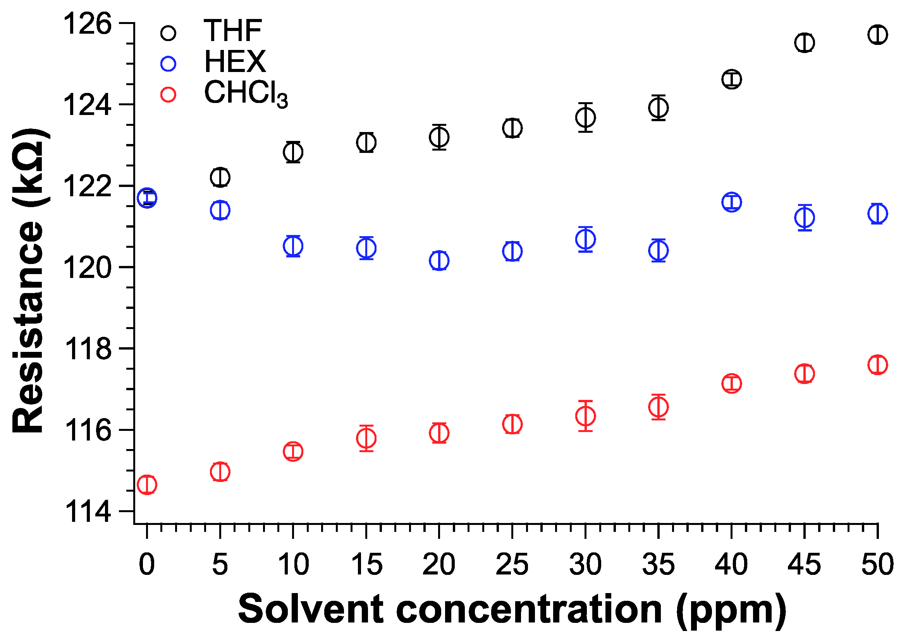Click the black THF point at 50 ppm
pyautogui.click(x=877, y=34)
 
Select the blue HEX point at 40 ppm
pyautogui.click(x=731, y=202)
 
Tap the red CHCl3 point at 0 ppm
pyautogui.click(x=147, y=485)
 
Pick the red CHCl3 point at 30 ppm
pyautogui.click(x=585, y=416)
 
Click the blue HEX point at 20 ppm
pyautogui.click(x=439, y=261)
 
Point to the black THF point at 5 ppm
pyautogui.click(x=220, y=177)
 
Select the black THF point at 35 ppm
pyautogui.click(x=659, y=108)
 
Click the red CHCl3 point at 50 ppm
pyautogui.click(x=877, y=365)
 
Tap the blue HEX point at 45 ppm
pyautogui.click(x=804, y=218)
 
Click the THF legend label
pyautogui.click(x=232, y=31)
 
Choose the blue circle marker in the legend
pyautogui.click(x=169, y=64)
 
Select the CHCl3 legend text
pyautogui.click(x=246, y=93)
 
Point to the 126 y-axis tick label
pyautogui.click(x=88, y=24)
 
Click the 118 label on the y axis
pyautogui.click(x=88, y=349)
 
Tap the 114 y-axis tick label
pyautogui.click(x=88, y=512)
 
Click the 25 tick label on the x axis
pyautogui.click(x=512, y=564)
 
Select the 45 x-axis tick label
pyautogui.click(x=804, y=564)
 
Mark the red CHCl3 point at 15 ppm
pyautogui.click(x=366, y=438)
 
